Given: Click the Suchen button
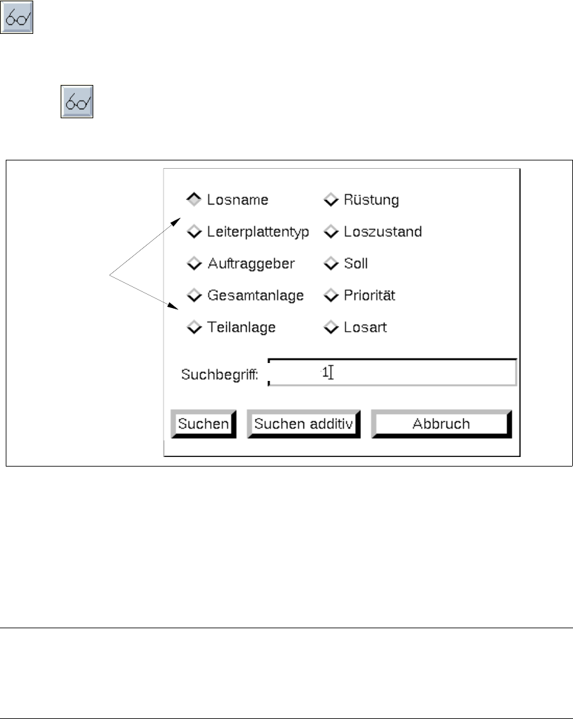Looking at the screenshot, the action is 203,424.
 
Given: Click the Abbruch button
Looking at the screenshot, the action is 441,424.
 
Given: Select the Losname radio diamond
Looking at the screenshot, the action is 194,199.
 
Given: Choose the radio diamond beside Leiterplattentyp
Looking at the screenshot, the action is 194,231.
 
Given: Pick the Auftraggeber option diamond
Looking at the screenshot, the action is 194,263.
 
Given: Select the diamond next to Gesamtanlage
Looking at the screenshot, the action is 194,295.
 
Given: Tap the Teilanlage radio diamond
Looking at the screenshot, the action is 194,328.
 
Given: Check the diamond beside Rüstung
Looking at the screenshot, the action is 330,199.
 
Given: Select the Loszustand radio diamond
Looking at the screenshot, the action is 330,231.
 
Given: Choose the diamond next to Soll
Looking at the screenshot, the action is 330,263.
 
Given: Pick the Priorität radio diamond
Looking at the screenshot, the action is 330,295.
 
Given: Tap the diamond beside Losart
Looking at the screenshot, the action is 330,328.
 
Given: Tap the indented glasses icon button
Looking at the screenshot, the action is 77,102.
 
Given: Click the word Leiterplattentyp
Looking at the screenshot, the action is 258,231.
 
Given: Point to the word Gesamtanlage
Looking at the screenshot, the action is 255,295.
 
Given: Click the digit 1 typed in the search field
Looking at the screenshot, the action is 325,372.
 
